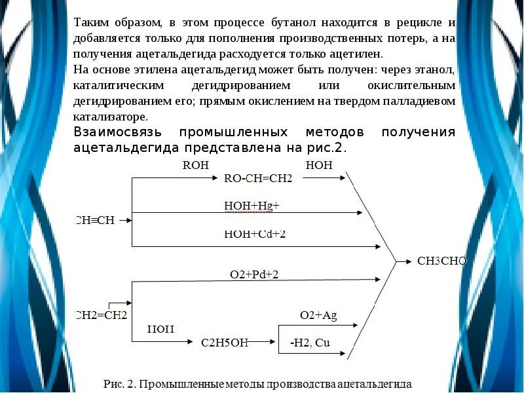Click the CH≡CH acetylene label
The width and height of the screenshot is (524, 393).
click(95, 221)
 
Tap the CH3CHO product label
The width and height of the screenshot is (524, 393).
click(442, 261)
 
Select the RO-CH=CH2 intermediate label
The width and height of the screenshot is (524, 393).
click(258, 178)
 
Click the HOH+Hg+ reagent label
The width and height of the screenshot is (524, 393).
click(252, 206)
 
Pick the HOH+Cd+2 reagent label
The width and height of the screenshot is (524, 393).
click(255, 234)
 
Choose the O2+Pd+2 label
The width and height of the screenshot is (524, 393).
click(254, 274)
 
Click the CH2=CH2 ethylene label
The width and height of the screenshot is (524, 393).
click(102, 315)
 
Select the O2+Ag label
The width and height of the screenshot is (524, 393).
click(318, 315)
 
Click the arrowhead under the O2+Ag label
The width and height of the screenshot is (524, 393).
click(356, 325)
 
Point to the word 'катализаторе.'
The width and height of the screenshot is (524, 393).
click(111, 117)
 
